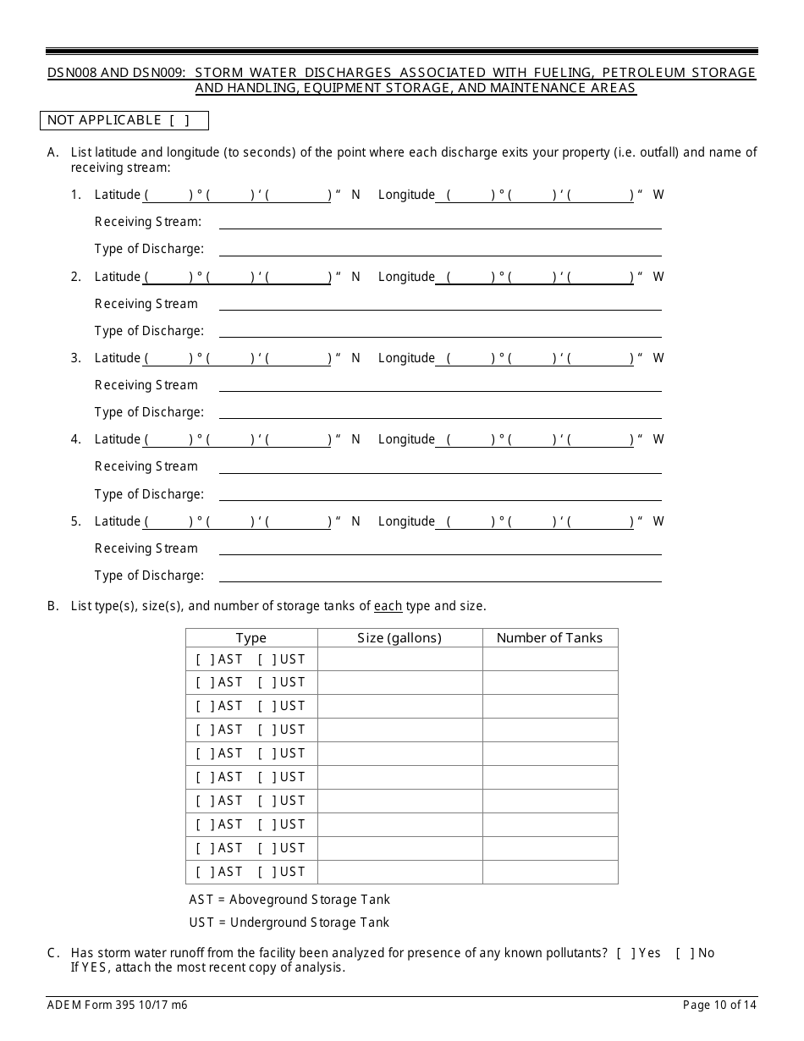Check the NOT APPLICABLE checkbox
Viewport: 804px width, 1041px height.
click(179, 120)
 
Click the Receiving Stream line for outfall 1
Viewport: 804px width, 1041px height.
click(440, 222)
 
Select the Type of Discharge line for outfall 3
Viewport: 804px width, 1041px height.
click(440, 412)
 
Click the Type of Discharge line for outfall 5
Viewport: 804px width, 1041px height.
click(440, 576)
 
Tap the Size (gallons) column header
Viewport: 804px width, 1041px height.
click(399, 638)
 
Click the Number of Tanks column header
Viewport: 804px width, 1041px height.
click(549, 638)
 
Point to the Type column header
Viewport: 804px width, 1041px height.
click(251, 638)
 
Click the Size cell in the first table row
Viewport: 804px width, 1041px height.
click(399, 659)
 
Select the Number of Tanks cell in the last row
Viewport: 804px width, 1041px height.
click(549, 872)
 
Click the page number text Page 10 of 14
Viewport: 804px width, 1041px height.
click(719, 1005)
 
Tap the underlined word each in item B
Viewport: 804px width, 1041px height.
click(388, 606)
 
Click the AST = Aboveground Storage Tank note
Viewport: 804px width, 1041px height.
click(289, 900)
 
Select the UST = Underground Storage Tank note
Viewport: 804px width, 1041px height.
click(289, 923)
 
